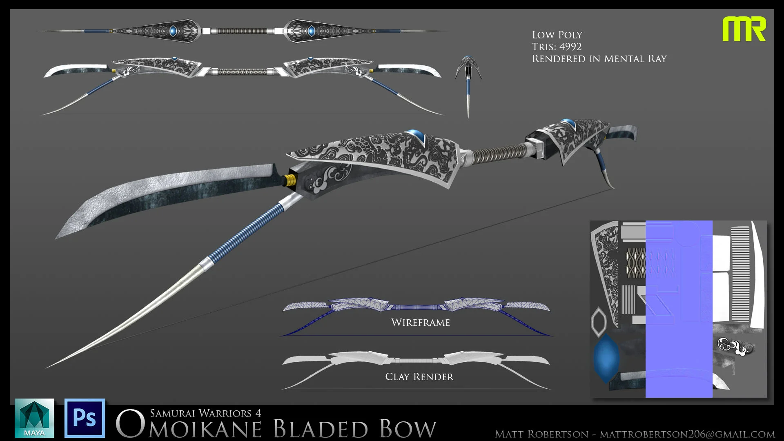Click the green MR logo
pyautogui.click(x=744, y=29)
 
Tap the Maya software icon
pyautogui.click(x=34, y=418)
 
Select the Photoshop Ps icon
pyautogui.click(x=85, y=418)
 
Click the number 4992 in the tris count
pyautogui.click(x=570, y=47)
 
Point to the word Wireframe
pyautogui.click(x=420, y=323)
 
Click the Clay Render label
pyautogui.click(x=419, y=377)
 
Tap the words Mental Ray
pyautogui.click(x=635, y=59)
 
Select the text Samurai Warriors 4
pyautogui.click(x=205, y=413)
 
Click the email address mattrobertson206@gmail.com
pyautogui.click(x=687, y=434)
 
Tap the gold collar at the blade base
pyautogui.click(x=289, y=180)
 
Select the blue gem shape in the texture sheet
pyautogui.click(x=606, y=357)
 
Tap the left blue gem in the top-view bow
pyautogui.click(x=173, y=31)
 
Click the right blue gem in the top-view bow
pyautogui.click(x=311, y=31)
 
